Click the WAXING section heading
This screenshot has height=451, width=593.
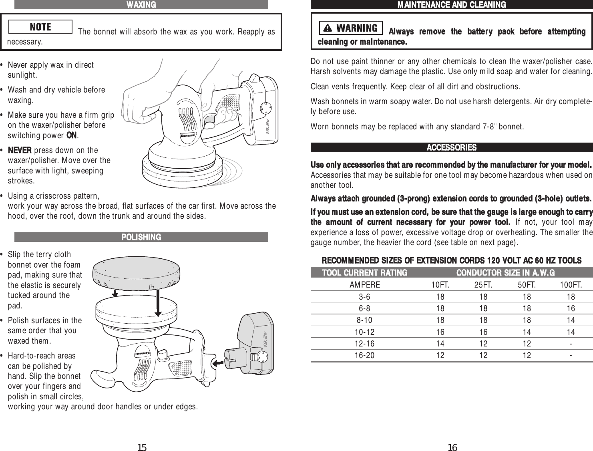click(141, 5)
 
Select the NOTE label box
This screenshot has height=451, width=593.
click(40, 27)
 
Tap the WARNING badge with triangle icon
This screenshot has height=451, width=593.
click(351, 28)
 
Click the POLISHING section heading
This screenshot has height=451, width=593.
click(141, 237)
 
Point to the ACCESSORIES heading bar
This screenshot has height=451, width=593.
click(451, 147)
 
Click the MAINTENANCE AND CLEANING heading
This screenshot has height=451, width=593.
click(451, 5)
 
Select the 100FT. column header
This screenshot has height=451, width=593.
click(571, 285)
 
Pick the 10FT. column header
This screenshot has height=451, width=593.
click(440, 285)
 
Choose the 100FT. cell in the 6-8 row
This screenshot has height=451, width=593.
click(571, 308)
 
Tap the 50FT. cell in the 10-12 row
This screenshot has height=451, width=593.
click(527, 332)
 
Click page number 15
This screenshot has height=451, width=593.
click(142, 447)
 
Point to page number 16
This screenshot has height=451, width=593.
click(452, 447)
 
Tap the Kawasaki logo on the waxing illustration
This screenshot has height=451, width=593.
click(188, 135)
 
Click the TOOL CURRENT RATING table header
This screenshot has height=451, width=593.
click(365, 273)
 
